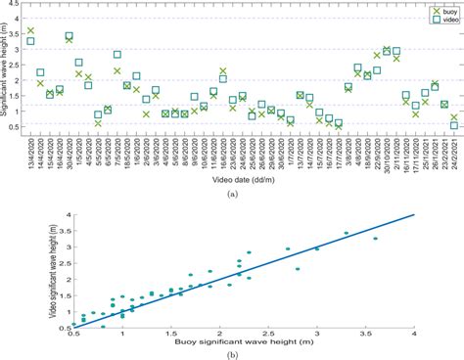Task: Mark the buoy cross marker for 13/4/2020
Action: pyautogui.click(x=30, y=30)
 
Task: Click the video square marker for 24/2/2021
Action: pyautogui.click(x=453, y=125)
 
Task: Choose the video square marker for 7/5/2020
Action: pyautogui.click(x=117, y=55)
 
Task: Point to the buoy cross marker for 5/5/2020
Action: pyautogui.click(x=98, y=123)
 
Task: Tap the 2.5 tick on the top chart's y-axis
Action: pyautogui.click(x=21, y=61)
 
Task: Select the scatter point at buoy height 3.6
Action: pyautogui.click(x=375, y=239)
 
